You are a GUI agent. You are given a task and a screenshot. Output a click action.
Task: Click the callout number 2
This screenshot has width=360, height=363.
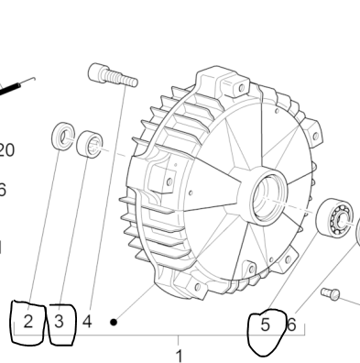pyautogui.click(x=28, y=322)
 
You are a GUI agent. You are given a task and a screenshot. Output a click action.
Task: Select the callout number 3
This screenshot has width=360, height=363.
pyautogui.click(x=59, y=322)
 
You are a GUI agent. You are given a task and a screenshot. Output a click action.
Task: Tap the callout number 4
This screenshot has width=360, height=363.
pyautogui.click(x=87, y=322)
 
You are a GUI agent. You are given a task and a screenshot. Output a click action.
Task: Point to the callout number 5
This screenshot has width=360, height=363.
pyautogui.click(x=265, y=324)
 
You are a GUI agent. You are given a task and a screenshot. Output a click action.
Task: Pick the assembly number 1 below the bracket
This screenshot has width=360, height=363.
pyautogui.click(x=179, y=354)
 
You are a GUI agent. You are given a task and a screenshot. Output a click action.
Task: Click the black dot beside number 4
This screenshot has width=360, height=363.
pyautogui.click(x=114, y=322)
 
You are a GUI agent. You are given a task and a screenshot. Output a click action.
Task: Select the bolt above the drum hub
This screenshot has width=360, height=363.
pyautogui.click(x=113, y=75)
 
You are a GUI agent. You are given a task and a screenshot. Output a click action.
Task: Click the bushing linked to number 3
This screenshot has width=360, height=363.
pyautogui.click(x=90, y=144)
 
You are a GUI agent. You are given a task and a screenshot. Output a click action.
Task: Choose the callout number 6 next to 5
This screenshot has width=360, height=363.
pyautogui.click(x=291, y=324)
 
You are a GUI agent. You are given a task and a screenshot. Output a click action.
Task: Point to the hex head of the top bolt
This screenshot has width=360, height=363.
pyautogui.click(x=99, y=71)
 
